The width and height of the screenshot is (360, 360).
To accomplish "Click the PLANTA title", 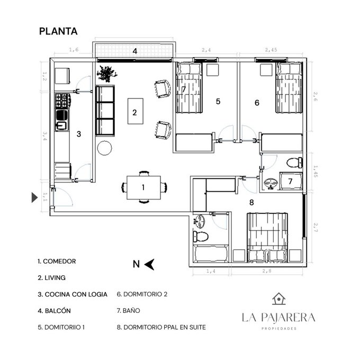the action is click(58, 31).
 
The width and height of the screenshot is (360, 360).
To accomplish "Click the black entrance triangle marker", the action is click(34, 197).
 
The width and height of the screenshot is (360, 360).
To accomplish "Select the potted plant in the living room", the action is click(107, 74).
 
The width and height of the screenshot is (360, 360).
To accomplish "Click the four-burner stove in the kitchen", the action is click(62, 101).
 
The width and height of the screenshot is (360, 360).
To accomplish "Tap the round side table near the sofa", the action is click(104, 148).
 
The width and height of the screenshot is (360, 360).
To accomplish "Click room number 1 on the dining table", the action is click(143, 187).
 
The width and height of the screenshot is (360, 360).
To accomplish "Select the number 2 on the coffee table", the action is click(135, 112).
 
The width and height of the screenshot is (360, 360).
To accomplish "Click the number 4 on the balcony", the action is click(135, 51).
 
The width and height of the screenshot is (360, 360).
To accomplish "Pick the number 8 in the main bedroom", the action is click(251, 202).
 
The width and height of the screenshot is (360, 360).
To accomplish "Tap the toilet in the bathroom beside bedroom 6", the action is click(295, 163).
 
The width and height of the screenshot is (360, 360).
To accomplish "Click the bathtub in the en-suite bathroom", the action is click(211, 253).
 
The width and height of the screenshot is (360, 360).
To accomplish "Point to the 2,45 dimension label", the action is click(271, 50).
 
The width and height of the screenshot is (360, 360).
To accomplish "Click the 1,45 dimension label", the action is click(315, 172).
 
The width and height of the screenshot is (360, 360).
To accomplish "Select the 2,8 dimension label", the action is click(267, 271).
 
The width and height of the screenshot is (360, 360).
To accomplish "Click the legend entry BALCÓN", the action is click(55, 311).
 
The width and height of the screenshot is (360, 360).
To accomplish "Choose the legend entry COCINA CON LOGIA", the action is click(73, 294).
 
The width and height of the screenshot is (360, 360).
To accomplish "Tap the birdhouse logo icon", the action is click(278, 299).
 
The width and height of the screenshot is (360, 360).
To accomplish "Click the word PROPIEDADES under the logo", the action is click(279, 329).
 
